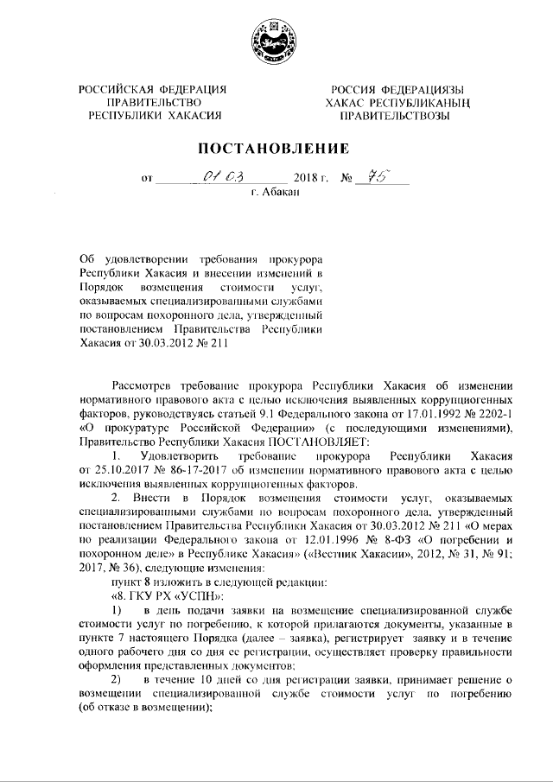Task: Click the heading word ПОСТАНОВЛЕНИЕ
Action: [276, 148]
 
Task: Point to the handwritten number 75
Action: [377, 177]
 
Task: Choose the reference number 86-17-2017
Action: [200, 468]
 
